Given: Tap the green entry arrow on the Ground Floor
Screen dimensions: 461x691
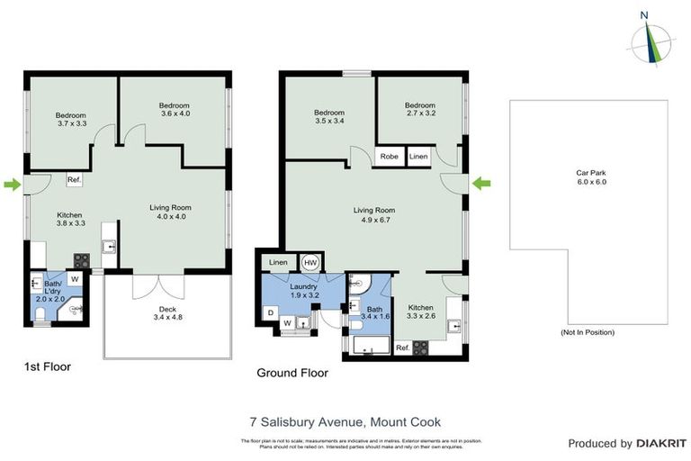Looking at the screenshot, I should pyautogui.click(x=482, y=184).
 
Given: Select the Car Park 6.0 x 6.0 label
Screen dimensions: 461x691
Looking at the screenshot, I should pyautogui.click(x=591, y=177).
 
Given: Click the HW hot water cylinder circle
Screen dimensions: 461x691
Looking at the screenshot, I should pyautogui.click(x=310, y=262).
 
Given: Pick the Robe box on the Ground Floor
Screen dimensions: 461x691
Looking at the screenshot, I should pyautogui.click(x=390, y=157).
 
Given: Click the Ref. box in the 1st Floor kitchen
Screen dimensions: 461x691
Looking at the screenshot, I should pyautogui.click(x=75, y=180).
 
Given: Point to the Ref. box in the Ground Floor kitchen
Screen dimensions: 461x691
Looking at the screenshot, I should pyautogui.click(x=402, y=347).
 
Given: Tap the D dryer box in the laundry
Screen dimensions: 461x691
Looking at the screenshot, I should pyautogui.click(x=271, y=312).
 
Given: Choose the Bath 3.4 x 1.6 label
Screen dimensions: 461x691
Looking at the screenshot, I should pyautogui.click(x=374, y=312).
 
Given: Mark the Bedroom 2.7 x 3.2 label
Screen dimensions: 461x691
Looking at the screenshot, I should pyautogui.click(x=419, y=110).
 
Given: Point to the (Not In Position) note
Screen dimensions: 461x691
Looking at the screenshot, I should pyautogui.click(x=587, y=332).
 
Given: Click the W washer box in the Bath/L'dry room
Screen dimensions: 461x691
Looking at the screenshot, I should pyautogui.click(x=75, y=279).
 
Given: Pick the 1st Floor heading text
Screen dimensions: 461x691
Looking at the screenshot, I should pyautogui.click(x=47, y=366).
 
